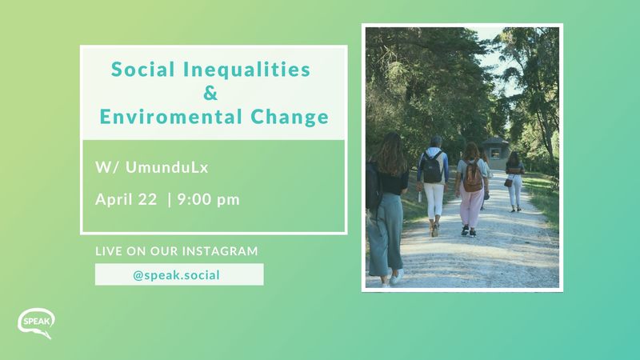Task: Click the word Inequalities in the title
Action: [246, 69]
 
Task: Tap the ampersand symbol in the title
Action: [210, 93]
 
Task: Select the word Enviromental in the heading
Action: [171, 117]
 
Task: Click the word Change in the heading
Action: [290, 118]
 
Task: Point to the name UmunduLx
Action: [167, 167]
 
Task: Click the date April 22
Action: [126, 199]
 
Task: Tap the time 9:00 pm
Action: [209, 199]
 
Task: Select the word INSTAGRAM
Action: [220, 250]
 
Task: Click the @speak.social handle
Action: [176, 274]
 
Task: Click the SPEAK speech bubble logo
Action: [36, 322]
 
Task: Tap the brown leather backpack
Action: [473, 176]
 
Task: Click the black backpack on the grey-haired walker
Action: [433, 167]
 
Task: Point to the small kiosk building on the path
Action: [494, 153]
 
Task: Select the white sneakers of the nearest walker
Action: [393, 278]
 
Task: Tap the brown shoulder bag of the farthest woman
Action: [508, 182]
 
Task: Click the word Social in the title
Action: [143, 69]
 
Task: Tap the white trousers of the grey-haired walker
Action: [434, 202]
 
